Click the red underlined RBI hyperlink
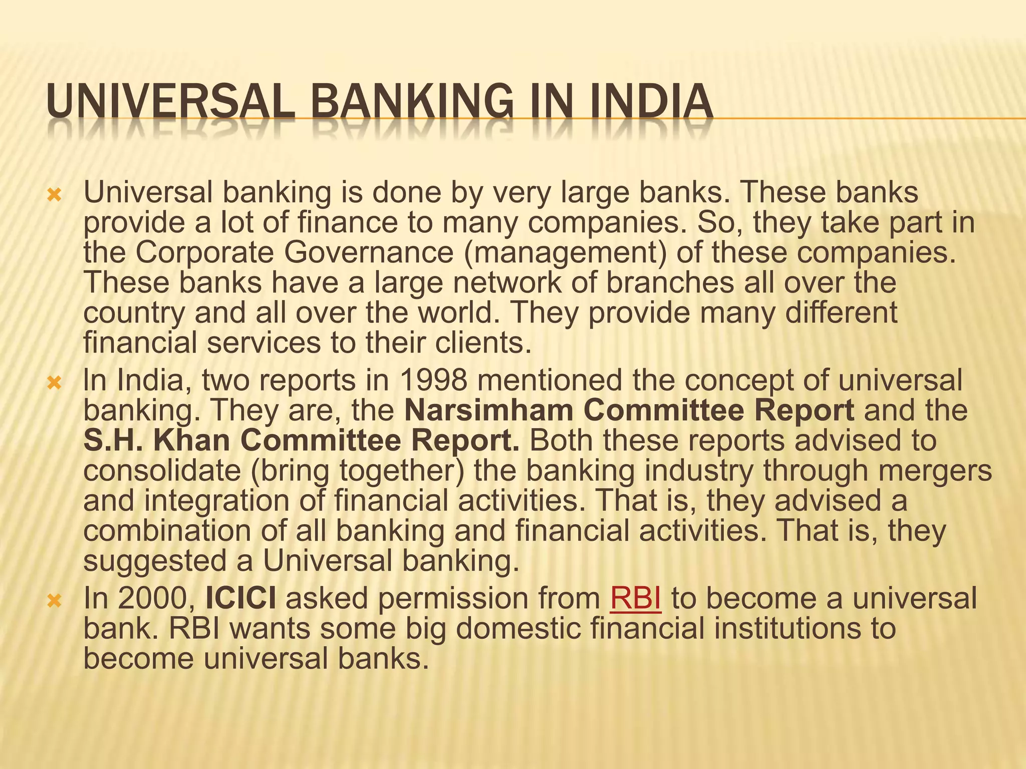point(635,599)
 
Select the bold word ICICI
point(241,599)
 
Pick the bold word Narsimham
point(488,411)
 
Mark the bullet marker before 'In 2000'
point(54,600)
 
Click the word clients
point(478,343)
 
